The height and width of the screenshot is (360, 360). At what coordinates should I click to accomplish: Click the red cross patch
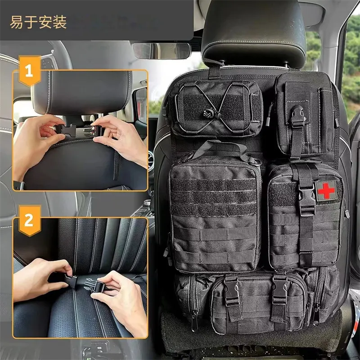click(326, 191)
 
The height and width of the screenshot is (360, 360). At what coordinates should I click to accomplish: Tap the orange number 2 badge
click(28, 220)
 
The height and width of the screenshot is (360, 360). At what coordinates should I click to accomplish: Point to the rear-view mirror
click(162, 50)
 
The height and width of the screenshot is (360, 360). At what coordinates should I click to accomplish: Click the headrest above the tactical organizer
click(252, 31)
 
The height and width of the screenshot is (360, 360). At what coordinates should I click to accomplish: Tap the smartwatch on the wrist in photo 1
click(18, 185)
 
